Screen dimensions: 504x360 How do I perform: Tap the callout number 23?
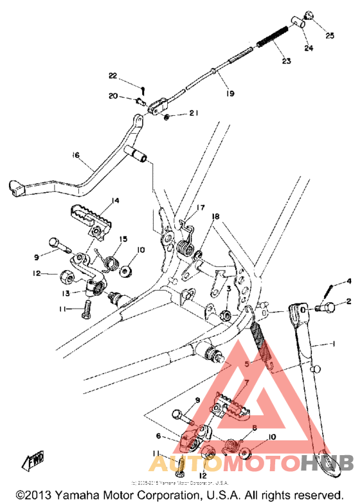tap(286, 62)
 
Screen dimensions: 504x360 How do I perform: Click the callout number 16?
tap(75, 156)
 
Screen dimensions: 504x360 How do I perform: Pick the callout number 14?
tap(114, 201)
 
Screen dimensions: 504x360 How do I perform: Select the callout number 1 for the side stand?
tap(333, 344)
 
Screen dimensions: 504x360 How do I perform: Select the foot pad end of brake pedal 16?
tap(17, 188)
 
